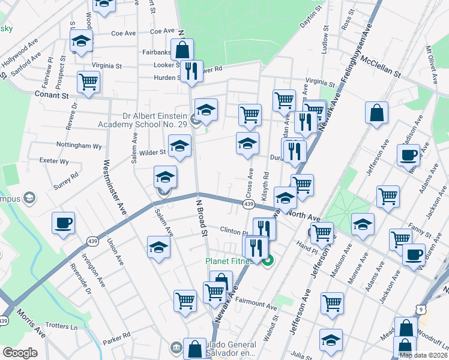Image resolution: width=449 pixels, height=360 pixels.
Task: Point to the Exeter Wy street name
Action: [x=53, y=161]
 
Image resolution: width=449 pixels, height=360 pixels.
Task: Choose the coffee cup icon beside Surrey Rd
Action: [x=63, y=224]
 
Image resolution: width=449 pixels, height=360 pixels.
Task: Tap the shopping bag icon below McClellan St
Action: [x=376, y=113]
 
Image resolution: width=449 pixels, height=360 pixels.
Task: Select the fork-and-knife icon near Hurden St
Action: [x=191, y=71]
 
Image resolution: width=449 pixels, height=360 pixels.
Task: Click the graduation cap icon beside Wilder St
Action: [x=179, y=146]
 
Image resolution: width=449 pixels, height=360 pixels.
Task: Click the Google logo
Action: [x=20, y=353]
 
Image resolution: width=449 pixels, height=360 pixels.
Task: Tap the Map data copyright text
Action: [x=423, y=355]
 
